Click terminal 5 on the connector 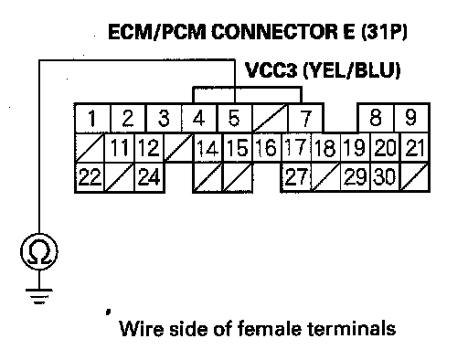coord(235,118)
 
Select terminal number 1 coord(92,118)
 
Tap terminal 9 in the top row coord(411,118)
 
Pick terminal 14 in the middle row coord(208,148)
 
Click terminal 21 coord(415,148)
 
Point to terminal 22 coord(90,177)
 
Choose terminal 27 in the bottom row coord(296,177)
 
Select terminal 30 coord(385,177)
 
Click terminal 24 coord(149,177)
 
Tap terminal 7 coord(305,118)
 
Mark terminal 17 coord(296,148)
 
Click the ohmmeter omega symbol coord(39,251)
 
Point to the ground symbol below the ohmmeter coord(39,296)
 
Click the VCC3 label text coord(271,70)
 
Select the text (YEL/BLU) coord(351,71)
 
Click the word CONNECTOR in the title coord(275,32)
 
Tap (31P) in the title coord(384,32)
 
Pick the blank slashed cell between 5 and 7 coord(270,118)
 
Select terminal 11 coord(120,148)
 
